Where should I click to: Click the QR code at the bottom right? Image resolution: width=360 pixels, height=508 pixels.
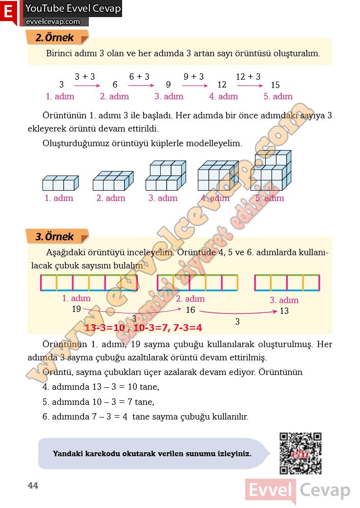point(300,453)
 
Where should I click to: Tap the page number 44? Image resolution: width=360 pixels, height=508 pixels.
point(33,486)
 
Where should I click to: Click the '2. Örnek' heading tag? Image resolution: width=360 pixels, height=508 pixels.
point(57,38)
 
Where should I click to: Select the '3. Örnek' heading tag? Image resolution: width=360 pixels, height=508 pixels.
point(57,237)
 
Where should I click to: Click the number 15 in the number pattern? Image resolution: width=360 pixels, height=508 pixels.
point(275,85)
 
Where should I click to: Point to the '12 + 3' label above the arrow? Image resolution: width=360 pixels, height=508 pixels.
point(248,77)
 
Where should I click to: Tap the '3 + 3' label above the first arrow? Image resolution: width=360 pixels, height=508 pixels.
point(85,77)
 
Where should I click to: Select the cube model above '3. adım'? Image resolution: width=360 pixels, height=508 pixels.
point(166,176)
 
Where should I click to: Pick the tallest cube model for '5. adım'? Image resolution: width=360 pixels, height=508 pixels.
point(271,171)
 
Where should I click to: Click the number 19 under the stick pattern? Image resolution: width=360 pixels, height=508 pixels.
point(76,309)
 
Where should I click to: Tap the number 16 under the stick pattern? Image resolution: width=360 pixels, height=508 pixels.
point(191,310)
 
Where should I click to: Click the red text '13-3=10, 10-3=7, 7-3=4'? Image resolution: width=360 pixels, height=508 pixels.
point(144,328)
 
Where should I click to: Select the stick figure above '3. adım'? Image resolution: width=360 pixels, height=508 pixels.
point(287,283)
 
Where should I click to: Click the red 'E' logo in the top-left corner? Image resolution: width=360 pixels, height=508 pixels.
point(8,12)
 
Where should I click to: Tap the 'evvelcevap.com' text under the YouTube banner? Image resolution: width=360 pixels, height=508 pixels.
point(53,22)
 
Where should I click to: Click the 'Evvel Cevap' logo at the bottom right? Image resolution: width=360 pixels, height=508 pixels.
point(298,490)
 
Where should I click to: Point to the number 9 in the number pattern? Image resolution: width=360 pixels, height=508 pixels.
point(168,85)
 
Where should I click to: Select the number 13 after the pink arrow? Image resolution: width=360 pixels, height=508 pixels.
point(284,311)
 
